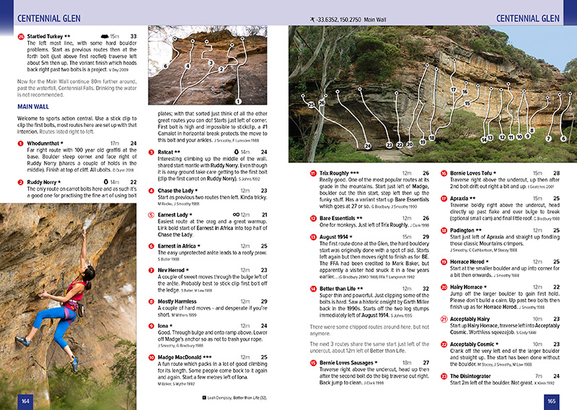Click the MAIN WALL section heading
[32, 106]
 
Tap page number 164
[25, 401]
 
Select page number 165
[552, 401]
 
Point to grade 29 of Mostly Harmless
[264, 281]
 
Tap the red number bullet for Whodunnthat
[20, 144]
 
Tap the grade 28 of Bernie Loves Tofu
[557, 174]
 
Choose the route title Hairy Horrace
[473, 287]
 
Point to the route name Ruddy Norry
[45, 183]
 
